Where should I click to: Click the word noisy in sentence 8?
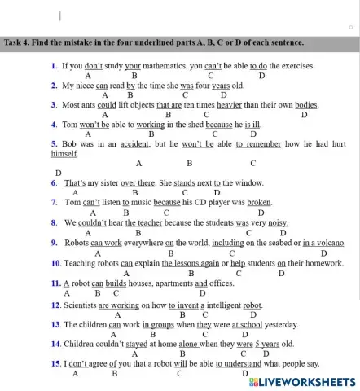(x=279, y=222)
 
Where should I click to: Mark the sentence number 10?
(x=55, y=263)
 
